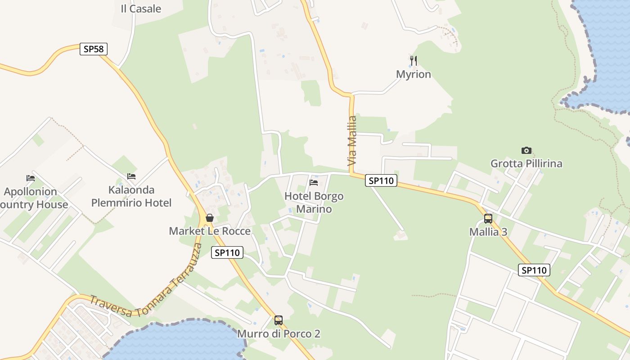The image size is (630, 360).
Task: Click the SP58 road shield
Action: (x=94, y=49)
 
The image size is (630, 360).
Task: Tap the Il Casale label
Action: (x=141, y=9)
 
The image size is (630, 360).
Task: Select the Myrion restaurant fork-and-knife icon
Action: (x=414, y=60)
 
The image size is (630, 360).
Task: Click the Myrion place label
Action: (x=414, y=74)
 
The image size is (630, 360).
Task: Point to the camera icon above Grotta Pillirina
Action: (x=526, y=150)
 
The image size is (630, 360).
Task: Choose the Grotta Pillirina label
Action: (x=526, y=163)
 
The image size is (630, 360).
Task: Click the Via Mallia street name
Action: (x=352, y=140)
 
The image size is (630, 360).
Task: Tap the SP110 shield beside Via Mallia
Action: (x=381, y=181)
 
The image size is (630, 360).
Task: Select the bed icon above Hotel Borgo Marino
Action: (x=314, y=183)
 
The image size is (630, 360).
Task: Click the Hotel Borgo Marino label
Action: (x=314, y=202)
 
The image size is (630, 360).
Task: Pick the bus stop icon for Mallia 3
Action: (x=488, y=219)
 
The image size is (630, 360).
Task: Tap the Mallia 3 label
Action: (x=488, y=232)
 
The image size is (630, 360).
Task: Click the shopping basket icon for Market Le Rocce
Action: (x=209, y=218)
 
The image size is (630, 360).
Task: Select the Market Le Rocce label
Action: (x=210, y=231)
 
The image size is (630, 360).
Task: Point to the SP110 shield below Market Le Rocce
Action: (x=227, y=253)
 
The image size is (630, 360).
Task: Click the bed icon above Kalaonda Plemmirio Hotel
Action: (x=131, y=176)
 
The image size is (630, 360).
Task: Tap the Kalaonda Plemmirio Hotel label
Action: (x=131, y=196)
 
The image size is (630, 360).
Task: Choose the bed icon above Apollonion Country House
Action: (x=31, y=178)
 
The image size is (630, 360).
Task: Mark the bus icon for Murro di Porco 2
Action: (x=279, y=320)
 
